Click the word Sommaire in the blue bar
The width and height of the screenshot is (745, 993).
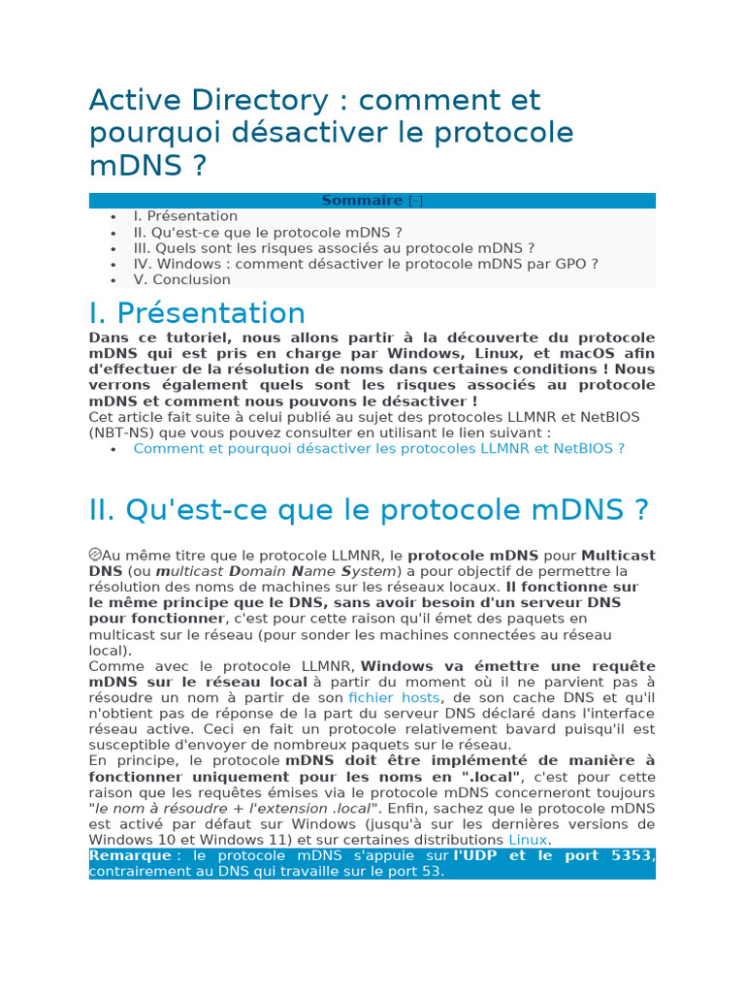(x=361, y=201)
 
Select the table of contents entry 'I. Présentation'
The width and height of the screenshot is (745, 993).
(x=185, y=216)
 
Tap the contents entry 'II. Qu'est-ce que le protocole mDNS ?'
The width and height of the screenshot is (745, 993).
(x=268, y=233)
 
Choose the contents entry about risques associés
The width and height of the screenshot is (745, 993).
(x=334, y=248)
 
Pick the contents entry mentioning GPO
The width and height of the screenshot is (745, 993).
(x=366, y=264)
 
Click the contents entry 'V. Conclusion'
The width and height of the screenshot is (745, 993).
(x=182, y=279)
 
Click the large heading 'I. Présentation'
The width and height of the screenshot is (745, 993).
(x=197, y=313)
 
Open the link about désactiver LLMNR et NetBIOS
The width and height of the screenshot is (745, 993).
(x=378, y=448)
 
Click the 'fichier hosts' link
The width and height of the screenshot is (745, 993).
(x=394, y=697)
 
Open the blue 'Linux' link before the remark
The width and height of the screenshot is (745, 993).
(x=528, y=840)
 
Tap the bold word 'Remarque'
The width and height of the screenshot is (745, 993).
(x=129, y=855)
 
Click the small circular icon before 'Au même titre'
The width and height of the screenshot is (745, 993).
(x=95, y=554)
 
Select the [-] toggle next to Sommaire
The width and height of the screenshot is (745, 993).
(x=415, y=201)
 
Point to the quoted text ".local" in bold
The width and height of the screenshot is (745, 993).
(x=491, y=777)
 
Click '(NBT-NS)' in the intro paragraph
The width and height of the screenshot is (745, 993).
(x=120, y=432)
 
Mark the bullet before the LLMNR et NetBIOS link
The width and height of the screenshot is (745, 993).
(x=113, y=449)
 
